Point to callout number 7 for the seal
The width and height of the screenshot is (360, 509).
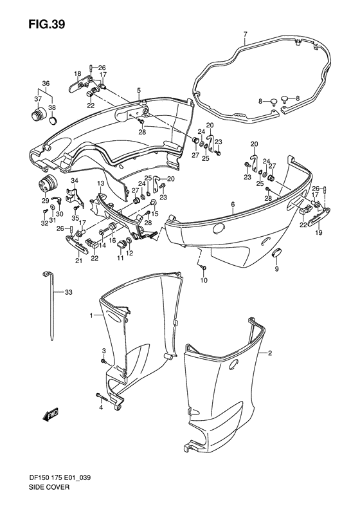click(245, 33)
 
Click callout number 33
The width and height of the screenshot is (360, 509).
click(68, 292)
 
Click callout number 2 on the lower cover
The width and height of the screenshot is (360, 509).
click(271, 353)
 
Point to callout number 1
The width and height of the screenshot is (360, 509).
click(92, 315)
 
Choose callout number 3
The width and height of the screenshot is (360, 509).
click(104, 349)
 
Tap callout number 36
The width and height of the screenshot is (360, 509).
click(46, 84)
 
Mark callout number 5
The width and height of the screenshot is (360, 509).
click(138, 90)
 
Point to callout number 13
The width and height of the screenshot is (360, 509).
click(101, 184)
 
